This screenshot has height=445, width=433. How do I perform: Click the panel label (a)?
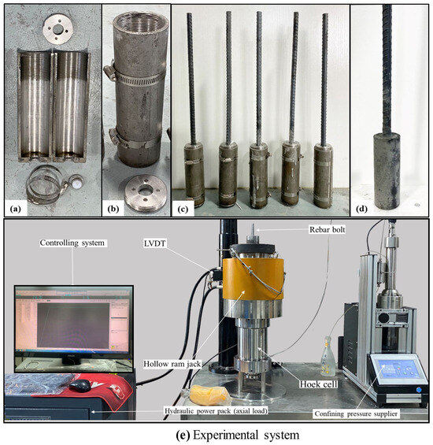point(15,209)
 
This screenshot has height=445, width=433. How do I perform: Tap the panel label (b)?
point(113,209)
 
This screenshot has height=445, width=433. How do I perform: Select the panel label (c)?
point(183,210)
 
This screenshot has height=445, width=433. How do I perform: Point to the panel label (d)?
point(361,209)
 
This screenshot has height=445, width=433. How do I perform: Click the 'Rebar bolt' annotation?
point(328,229)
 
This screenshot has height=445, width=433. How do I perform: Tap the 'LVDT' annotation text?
point(154,243)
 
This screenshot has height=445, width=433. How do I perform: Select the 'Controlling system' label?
point(72,243)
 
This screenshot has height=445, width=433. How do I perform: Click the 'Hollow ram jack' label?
point(172,364)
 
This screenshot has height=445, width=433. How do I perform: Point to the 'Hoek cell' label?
point(319,384)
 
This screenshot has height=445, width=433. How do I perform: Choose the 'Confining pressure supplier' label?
point(356,413)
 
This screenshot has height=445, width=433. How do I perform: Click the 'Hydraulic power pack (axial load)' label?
point(216,410)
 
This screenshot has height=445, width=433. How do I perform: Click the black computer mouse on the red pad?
point(81,385)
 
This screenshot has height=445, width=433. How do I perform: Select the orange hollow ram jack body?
point(253,279)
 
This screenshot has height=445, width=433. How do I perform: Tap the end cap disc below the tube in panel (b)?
point(146,192)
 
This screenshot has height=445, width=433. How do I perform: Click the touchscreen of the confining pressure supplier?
point(394,369)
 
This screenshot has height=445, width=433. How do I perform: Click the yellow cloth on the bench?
point(209,395)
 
